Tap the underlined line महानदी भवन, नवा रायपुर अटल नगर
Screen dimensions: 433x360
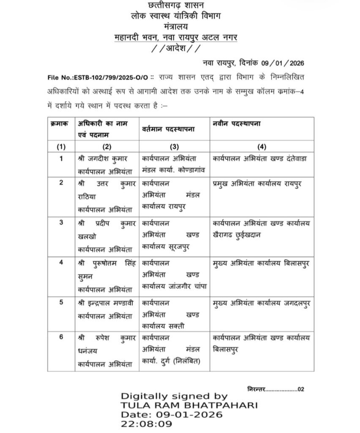click(176, 37)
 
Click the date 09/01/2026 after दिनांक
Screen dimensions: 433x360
click(283, 63)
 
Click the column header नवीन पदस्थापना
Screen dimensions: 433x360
click(237, 123)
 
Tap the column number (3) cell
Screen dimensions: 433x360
click(174, 147)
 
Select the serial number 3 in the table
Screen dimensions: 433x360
click(61, 222)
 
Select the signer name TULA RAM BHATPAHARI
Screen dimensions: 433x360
click(189, 406)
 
